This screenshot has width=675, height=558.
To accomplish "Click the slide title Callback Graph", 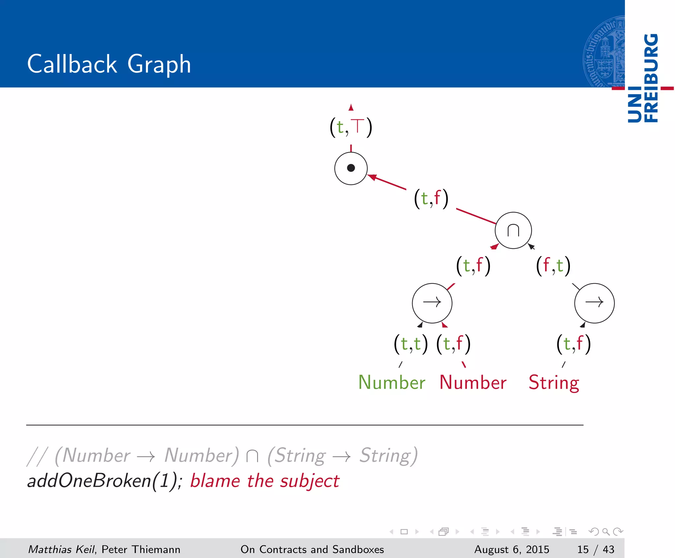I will click(109, 64).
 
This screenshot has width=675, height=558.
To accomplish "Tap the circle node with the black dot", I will click(351, 168).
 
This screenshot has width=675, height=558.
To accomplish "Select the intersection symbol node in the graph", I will click(513, 230).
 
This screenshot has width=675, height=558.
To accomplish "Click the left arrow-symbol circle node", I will click(432, 303).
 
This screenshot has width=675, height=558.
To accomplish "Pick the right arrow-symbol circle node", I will click(594, 303).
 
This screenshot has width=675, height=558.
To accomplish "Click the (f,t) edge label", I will click(553, 266).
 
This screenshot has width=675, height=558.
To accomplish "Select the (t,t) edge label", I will click(411, 344).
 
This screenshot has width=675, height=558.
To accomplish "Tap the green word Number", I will click(392, 383).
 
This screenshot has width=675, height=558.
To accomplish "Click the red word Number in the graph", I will click(473, 383).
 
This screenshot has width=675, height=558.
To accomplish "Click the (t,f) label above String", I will click(573, 344).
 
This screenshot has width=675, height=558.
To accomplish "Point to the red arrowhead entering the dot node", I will click(372, 177).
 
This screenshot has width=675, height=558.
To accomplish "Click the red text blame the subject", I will click(265, 481).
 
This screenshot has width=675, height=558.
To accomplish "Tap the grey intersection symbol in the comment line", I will click(252, 456).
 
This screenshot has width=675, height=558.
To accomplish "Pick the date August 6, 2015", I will click(512, 549).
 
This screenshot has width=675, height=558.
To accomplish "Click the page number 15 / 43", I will click(596, 549).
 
